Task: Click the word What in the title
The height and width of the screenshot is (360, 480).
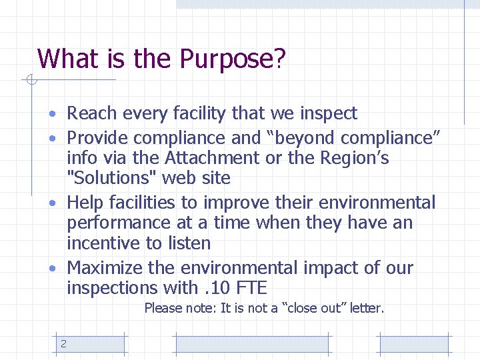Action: pyautogui.click(x=67, y=59)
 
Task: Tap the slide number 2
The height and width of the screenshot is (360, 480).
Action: pyautogui.click(x=63, y=344)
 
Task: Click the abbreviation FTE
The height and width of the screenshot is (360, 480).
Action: pyautogui.click(x=251, y=288)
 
